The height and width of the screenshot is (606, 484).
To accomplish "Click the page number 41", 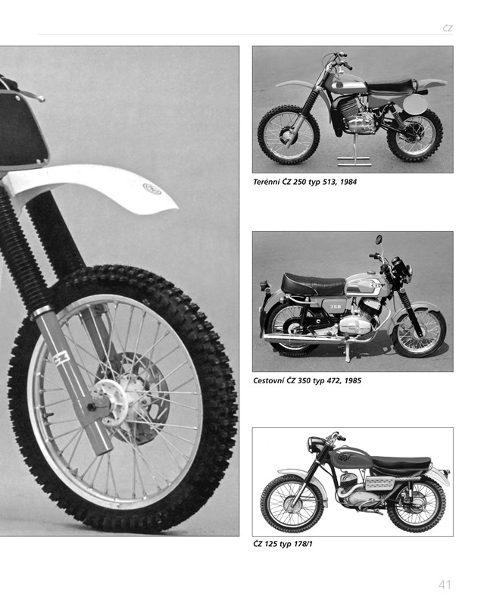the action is (x=445, y=584).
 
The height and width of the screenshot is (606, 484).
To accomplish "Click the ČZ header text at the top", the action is (x=448, y=28).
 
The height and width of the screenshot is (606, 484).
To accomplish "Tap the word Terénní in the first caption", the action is (x=265, y=182).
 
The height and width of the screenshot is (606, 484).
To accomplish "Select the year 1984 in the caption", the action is (x=348, y=182).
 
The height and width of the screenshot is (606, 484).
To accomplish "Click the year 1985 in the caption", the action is (x=353, y=380).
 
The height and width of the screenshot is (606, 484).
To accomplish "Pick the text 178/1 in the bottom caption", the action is (x=303, y=544).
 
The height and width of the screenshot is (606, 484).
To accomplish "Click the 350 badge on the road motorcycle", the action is (x=336, y=307).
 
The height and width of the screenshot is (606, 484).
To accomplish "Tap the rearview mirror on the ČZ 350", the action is (x=379, y=239).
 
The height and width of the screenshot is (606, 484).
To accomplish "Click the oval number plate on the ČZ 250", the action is (x=416, y=103).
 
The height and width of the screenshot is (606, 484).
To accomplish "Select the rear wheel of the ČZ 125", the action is (x=417, y=504).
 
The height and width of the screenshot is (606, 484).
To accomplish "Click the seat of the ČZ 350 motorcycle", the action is (x=312, y=283).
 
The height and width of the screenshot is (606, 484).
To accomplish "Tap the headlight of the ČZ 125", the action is (x=314, y=444).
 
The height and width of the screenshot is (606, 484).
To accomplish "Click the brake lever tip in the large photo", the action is (x=41, y=99).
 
